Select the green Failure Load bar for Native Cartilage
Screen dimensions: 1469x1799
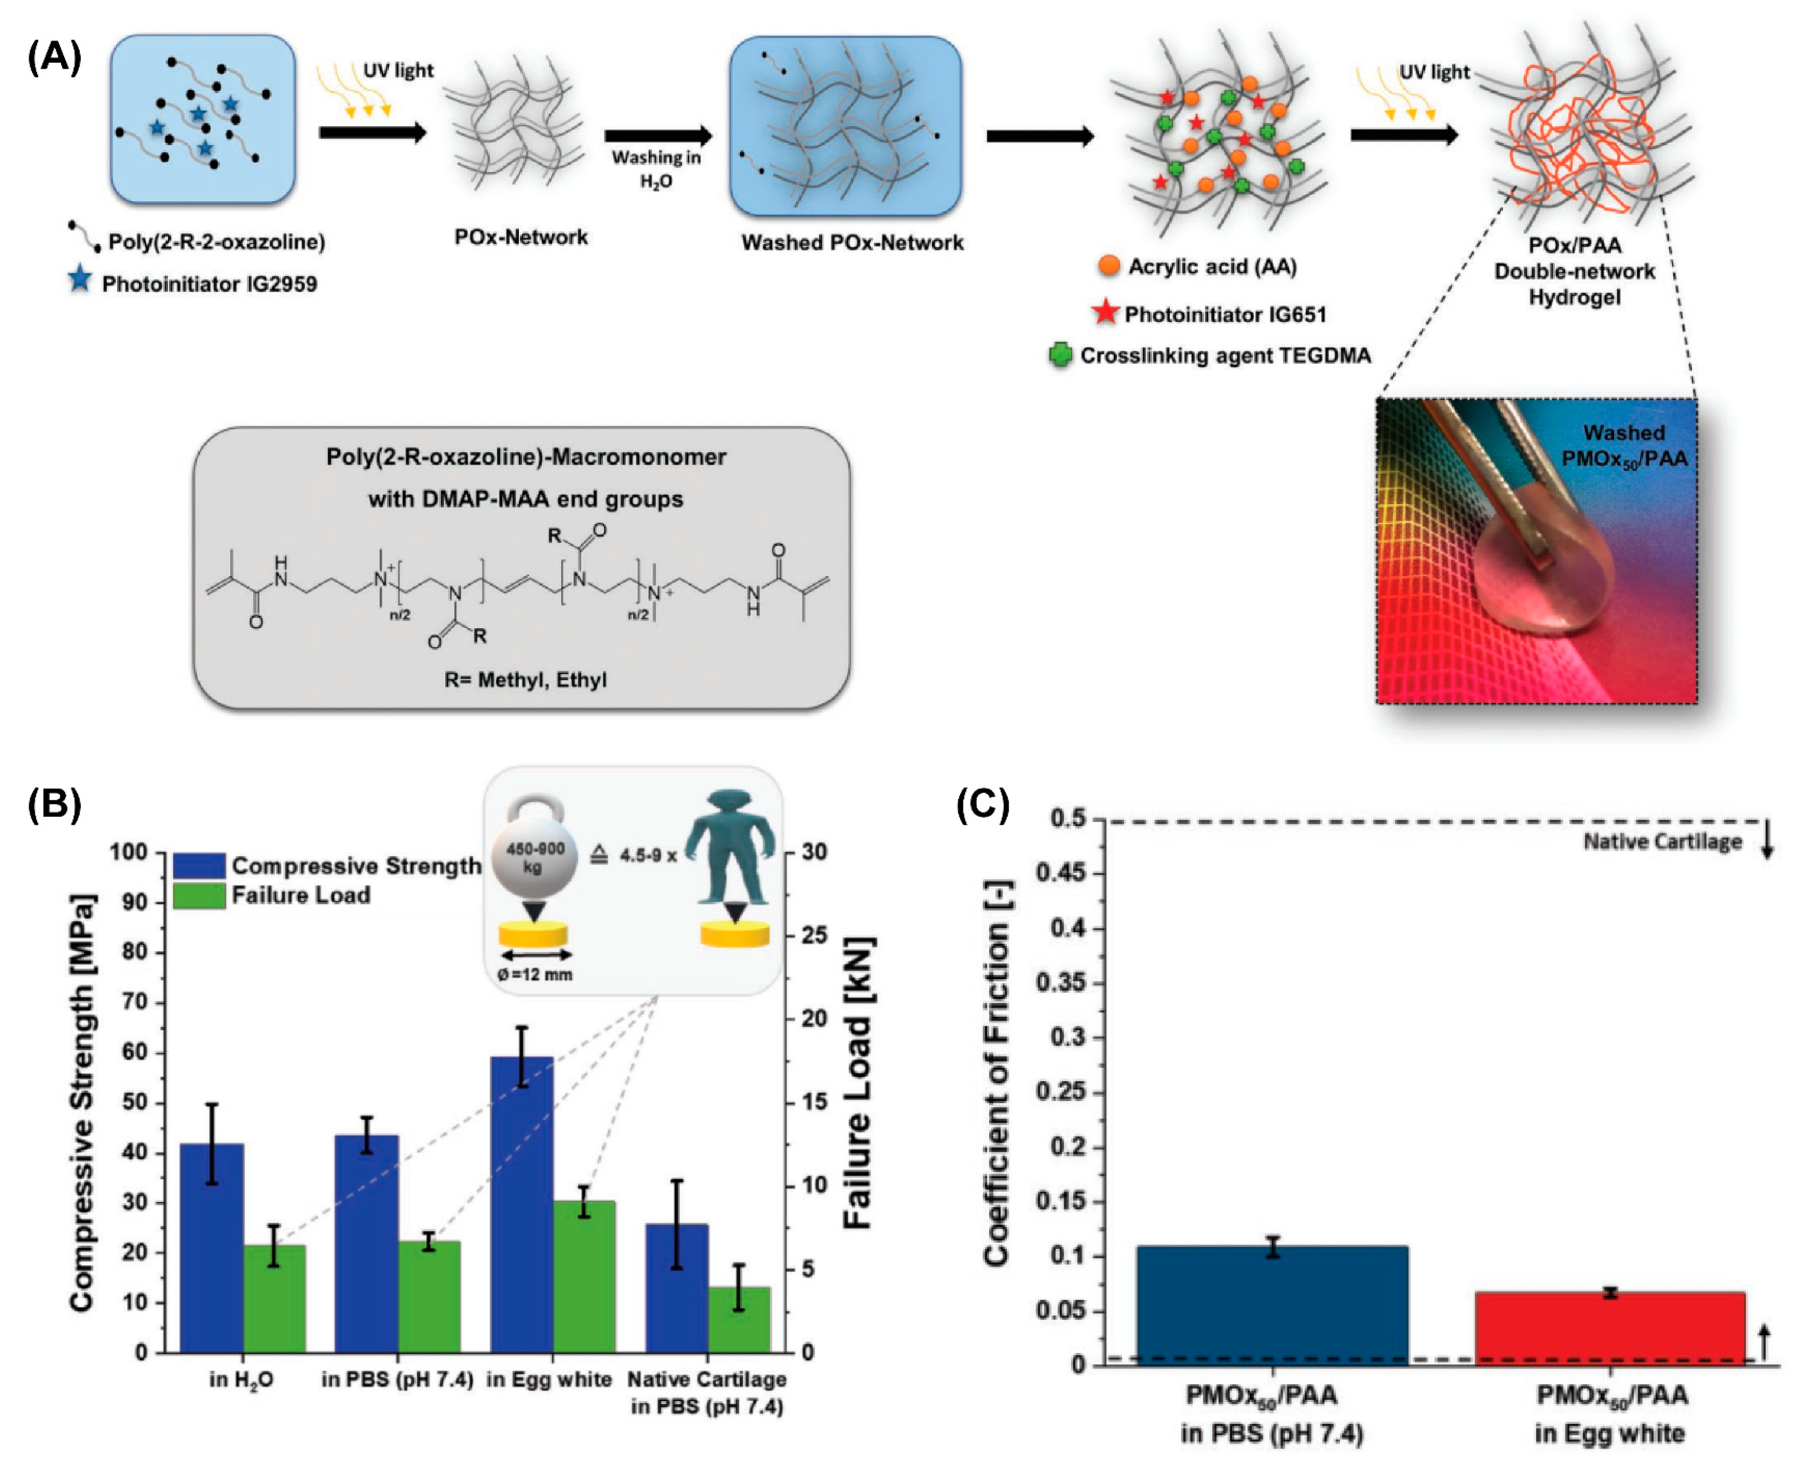[x=739, y=1319]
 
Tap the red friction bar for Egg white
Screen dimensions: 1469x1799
[x=1609, y=1328]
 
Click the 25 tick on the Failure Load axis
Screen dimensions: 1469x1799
[x=814, y=935]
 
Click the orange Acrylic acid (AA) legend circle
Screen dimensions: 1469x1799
[x=1108, y=266]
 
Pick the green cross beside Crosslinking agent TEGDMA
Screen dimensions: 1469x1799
[x=1060, y=354]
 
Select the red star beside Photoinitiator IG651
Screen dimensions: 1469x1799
[x=1105, y=312]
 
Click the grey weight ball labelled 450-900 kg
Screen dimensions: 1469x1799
[x=534, y=856]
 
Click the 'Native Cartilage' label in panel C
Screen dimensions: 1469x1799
[x=1662, y=842]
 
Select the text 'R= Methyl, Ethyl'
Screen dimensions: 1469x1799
[x=525, y=680]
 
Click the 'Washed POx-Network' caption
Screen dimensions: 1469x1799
[x=851, y=243]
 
